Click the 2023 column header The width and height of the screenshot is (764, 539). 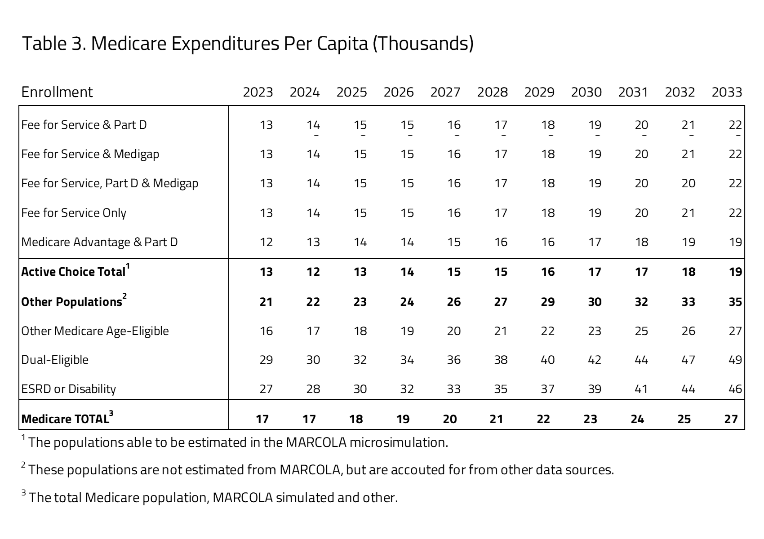pos(258,92)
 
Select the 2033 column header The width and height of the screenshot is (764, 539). pos(727,92)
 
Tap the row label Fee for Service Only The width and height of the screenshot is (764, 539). pos(74,213)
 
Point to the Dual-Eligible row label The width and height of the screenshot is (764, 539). pos(55,360)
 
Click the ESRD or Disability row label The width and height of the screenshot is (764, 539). pos(69,389)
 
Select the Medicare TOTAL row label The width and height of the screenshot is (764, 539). pos(65,419)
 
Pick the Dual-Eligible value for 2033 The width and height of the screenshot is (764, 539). pos(735,360)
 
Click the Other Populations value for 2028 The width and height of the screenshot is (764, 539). pos(501,301)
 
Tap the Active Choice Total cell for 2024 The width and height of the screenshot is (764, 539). pos(313,272)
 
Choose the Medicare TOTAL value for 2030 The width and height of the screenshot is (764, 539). pos(590,419)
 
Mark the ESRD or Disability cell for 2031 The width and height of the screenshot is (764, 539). pos(641,389)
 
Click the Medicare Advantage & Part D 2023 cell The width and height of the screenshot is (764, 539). pos(266,242)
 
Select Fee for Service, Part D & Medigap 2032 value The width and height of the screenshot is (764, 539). pos(688,183)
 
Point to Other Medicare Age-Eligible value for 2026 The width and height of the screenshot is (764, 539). pos(407,331)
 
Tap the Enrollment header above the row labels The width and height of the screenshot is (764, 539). pos(57,92)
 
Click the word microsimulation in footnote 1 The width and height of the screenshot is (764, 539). pos(399,443)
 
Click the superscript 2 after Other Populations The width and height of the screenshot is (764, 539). pos(124,296)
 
